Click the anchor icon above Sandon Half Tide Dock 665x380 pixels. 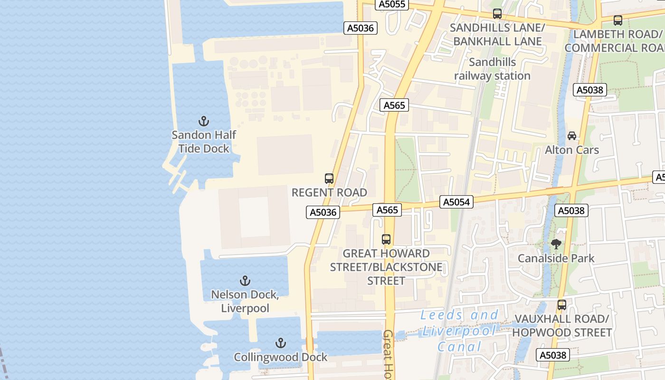point(204,121)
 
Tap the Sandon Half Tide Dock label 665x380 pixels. point(204,142)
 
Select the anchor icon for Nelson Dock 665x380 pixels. point(245,281)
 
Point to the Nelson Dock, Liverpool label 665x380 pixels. point(245,301)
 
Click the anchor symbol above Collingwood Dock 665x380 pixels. point(281,343)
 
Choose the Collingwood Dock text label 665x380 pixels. point(281,357)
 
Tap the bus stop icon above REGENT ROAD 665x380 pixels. point(329,179)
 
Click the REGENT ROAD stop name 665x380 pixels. point(329,192)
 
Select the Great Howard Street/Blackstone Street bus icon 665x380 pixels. point(386,239)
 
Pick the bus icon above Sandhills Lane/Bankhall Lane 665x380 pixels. point(497,14)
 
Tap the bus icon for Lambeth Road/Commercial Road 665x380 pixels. point(618,20)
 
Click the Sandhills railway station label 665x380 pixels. point(492,69)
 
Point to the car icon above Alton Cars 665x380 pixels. point(572,136)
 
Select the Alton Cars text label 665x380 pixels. point(572,150)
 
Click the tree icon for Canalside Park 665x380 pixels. point(556,244)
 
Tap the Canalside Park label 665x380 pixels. point(556,258)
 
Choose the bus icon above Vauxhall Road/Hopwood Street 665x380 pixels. point(562,304)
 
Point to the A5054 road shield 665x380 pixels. point(456,202)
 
